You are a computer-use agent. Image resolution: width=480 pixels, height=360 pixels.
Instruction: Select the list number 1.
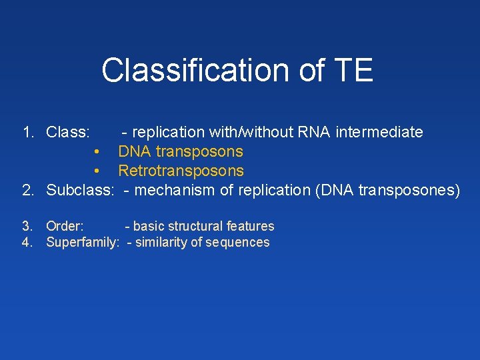click(28, 132)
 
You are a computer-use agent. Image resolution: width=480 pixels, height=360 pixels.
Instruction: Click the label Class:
click(68, 132)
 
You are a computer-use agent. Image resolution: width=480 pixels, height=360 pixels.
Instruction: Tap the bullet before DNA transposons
click(97, 152)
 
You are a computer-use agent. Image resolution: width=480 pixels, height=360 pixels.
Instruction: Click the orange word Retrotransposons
click(181, 171)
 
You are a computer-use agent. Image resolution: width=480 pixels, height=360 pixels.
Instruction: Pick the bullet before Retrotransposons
click(97, 171)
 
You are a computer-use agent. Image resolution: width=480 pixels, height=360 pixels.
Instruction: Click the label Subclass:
click(81, 190)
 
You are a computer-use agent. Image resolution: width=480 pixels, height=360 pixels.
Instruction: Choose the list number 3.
click(27, 227)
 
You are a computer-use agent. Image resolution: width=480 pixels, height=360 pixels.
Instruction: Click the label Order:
click(65, 227)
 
